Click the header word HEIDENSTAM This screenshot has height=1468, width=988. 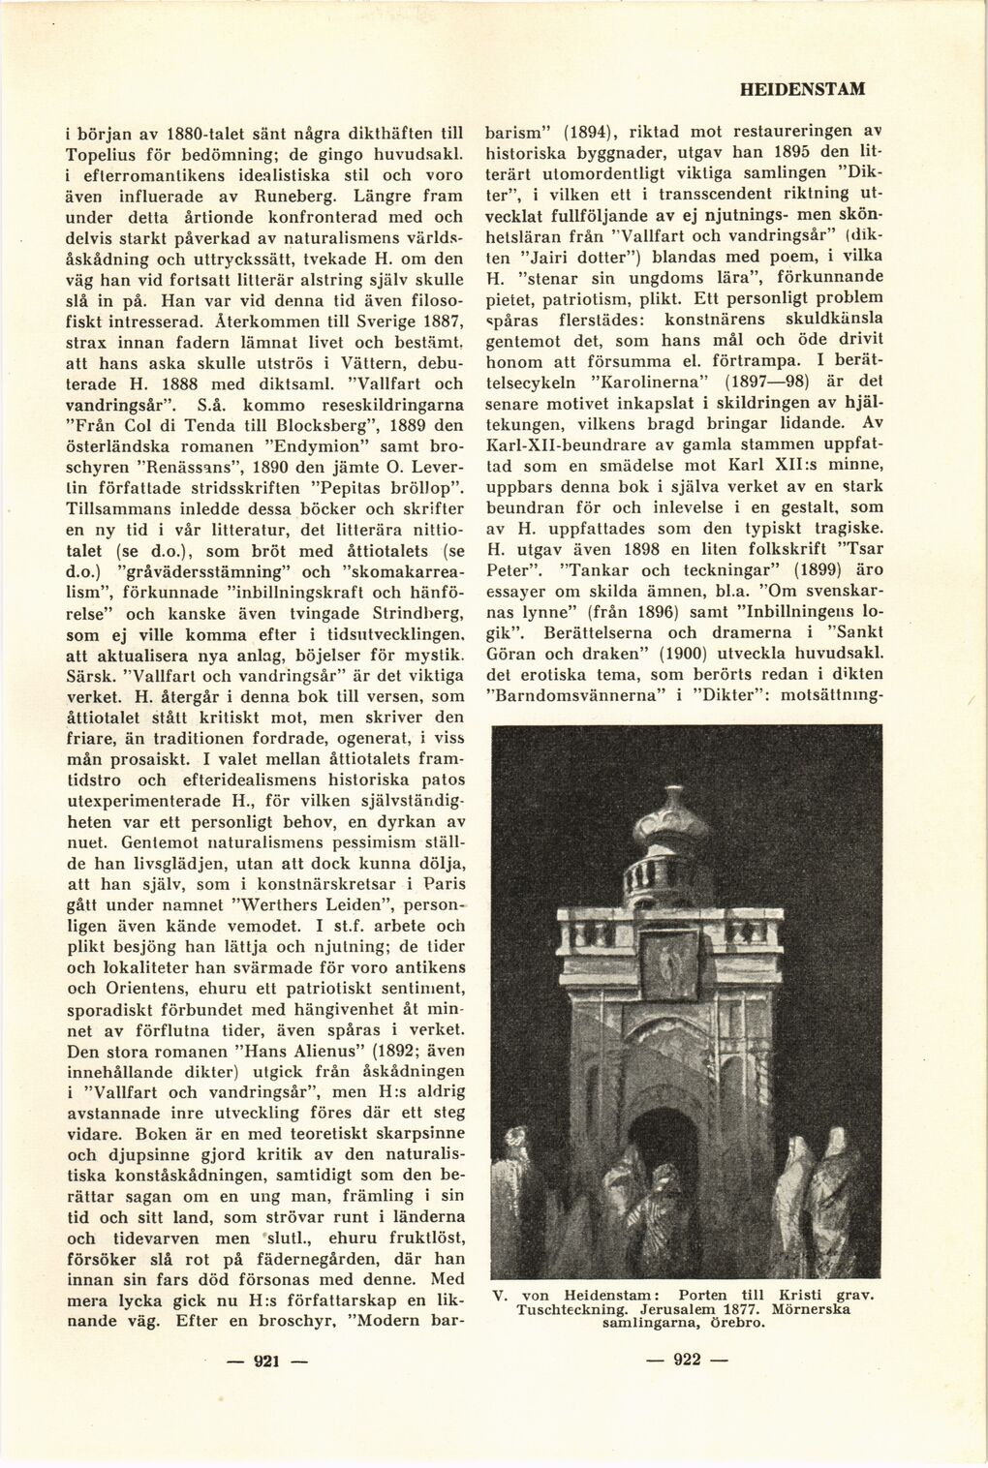point(801,89)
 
